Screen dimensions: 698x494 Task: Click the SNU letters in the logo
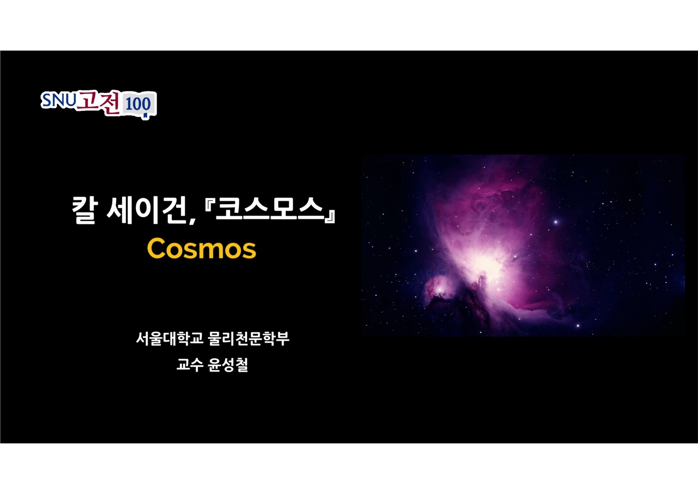click(x=58, y=100)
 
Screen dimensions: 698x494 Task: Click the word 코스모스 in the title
click(x=270, y=209)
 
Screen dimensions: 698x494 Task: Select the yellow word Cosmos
click(x=202, y=248)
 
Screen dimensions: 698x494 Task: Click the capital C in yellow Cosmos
click(x=156, y=248)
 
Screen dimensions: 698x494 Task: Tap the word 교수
click(x=190, y=364)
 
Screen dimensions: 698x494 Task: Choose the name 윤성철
click(x=228, y=365)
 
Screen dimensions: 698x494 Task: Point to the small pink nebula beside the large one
click(x=439, y=288)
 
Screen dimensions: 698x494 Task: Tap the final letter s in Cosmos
click(x=248, y=251)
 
